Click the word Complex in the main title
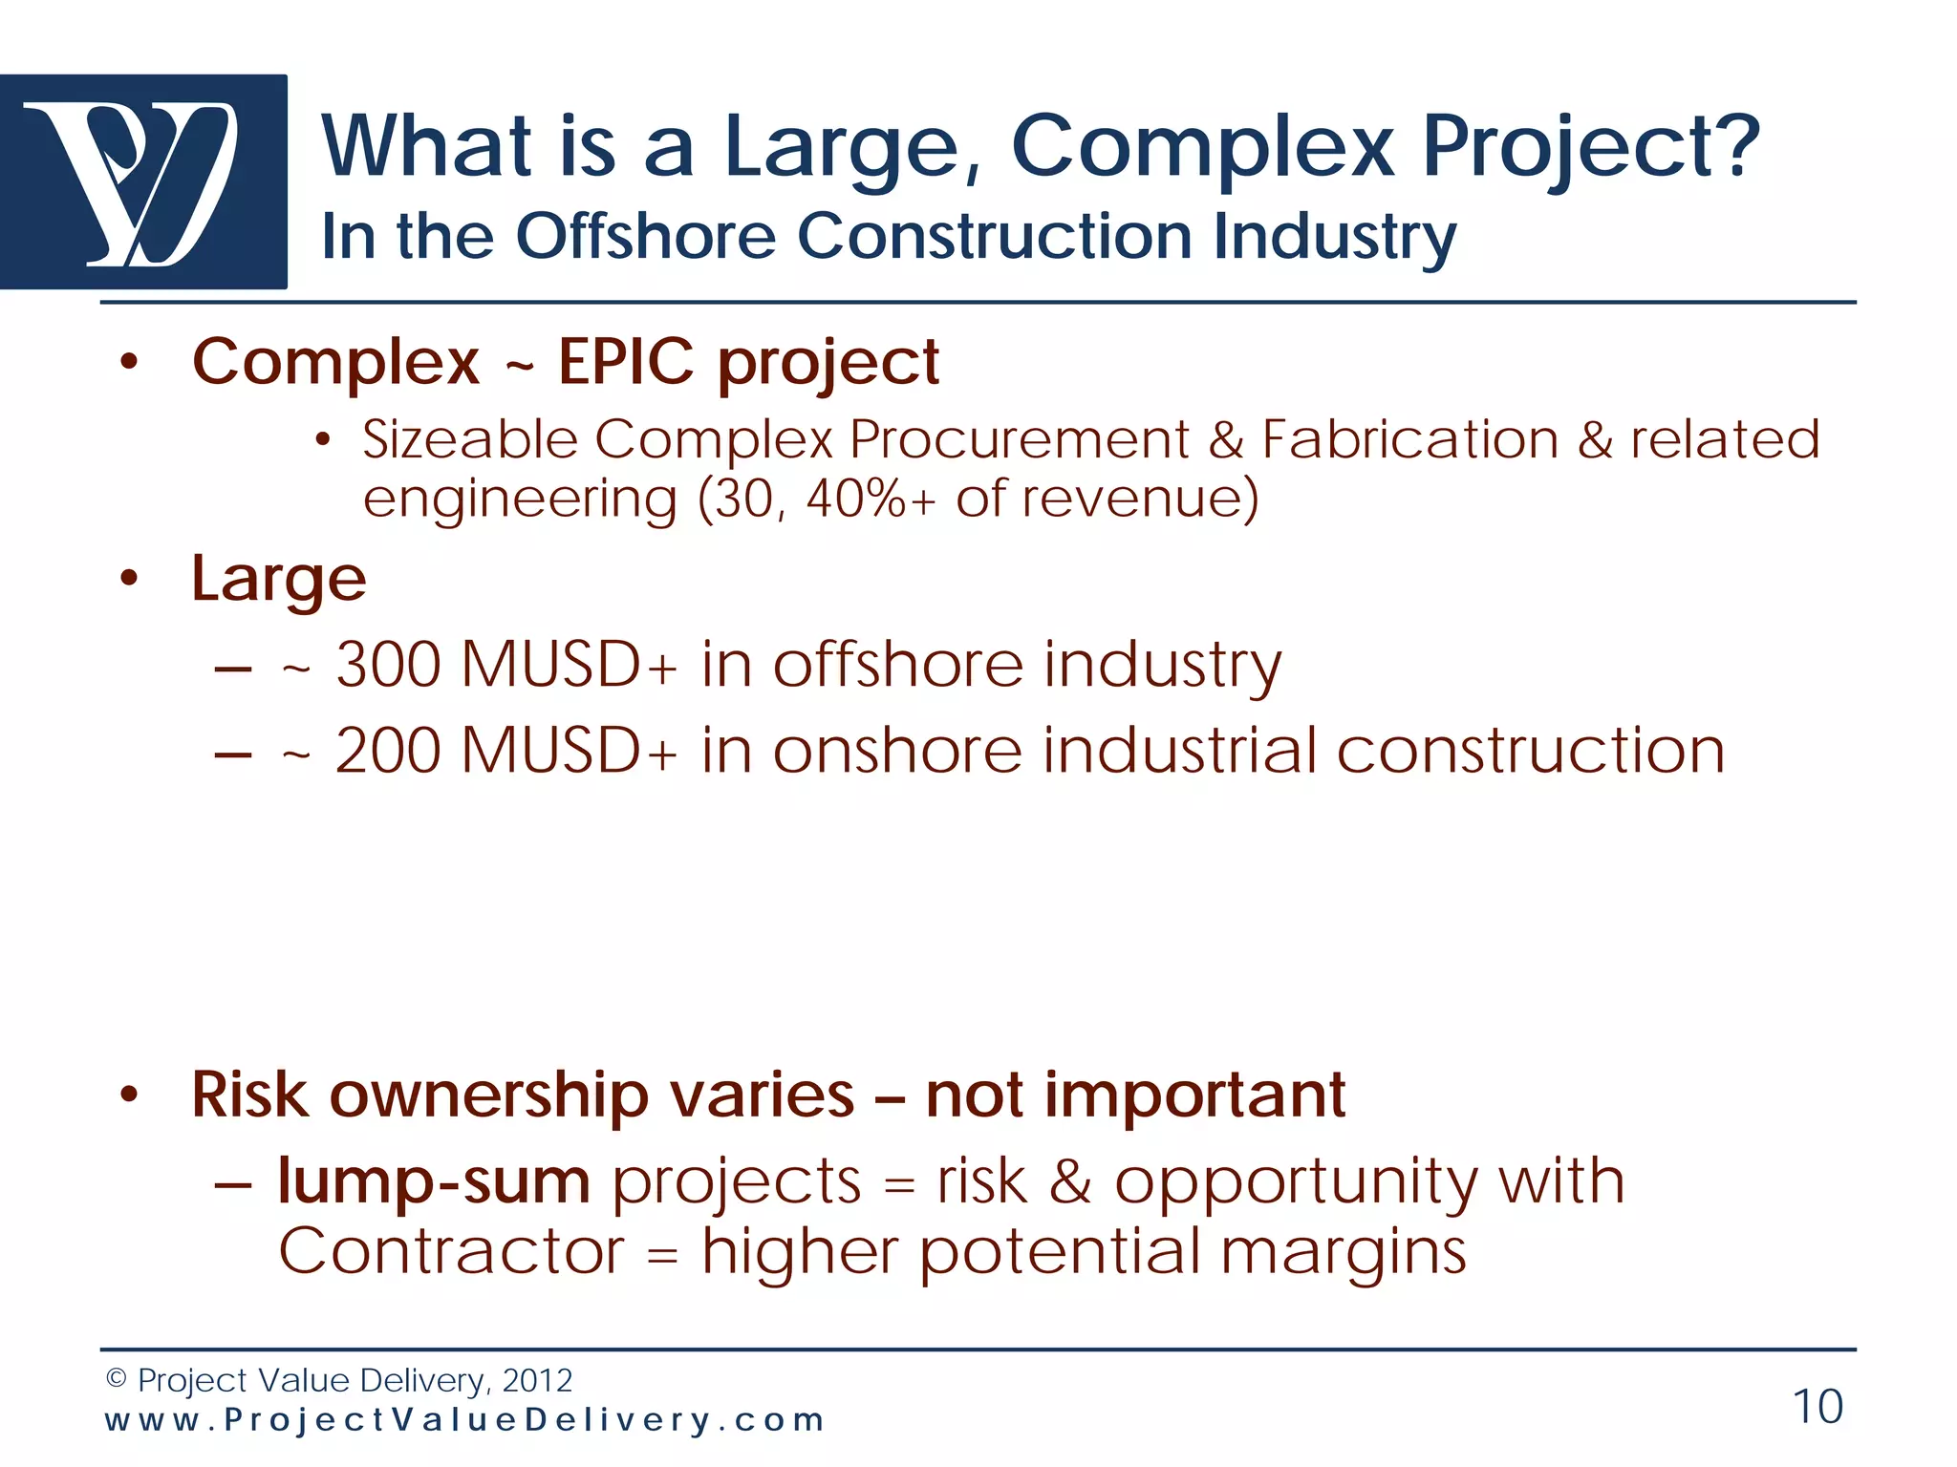pyautogui.click(x=1202, y=147)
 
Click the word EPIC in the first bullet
pyautogui.click(x=626, y=362)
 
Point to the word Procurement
pyautogui.click(x=1019, y=440)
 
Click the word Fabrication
pyautogui.click(x=1410, y=440)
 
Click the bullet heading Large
pyautogui.click(x=278, y=580)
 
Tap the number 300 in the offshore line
pyautogui.click(x=390, y=665)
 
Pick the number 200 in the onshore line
pyautogui.click(x=390, y=751)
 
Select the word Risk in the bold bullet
pyautogui.click(x=250, y=1095)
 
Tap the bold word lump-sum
pyautogui.click(x=435, y=1182)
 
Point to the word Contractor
pyautogui.click(x=452, y=1251)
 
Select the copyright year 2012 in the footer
pyautogui.click(x=537, y=1380)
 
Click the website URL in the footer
pyautogui.click(x=464, y=1420)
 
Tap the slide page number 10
pyautogui.click(x=1817, y=1407)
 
